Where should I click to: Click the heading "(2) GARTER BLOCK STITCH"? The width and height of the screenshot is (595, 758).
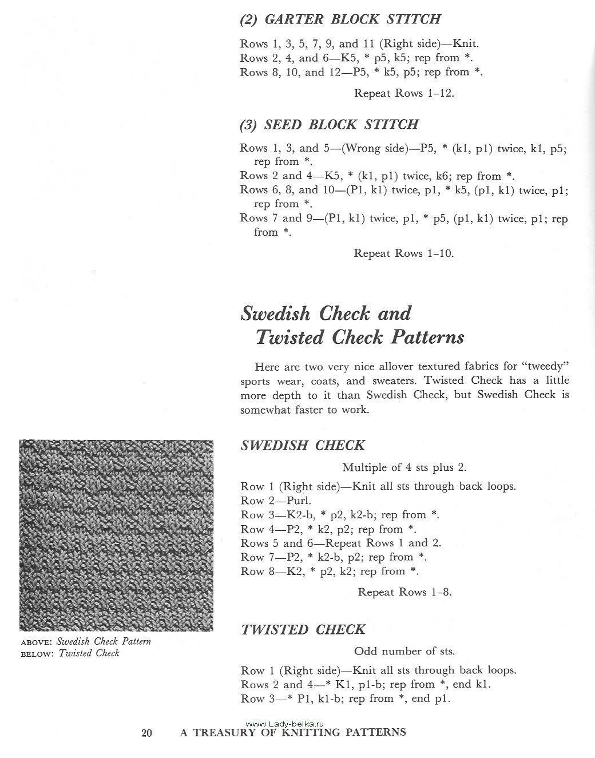click(340, 19)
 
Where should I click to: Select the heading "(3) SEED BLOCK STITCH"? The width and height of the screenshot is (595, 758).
click(330, 125)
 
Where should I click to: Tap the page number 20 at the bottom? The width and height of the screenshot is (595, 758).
click(147, 733)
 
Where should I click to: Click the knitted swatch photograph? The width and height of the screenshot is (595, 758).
click(116, 535)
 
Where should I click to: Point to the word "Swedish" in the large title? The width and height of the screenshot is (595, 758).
click(275, 313)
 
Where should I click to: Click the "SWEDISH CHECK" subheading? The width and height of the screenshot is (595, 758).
click(303, 446)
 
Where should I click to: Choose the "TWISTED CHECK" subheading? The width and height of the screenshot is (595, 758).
click(303, 630)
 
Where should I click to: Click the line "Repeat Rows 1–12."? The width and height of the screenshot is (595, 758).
click(404, 93)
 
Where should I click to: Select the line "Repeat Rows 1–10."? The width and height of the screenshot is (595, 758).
click(404, 253)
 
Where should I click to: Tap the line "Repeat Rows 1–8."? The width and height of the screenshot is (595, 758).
click(404, 592)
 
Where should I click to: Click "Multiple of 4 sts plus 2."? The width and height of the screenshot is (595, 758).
click(404, 467)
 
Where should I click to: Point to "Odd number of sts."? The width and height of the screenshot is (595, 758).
click(404, 651)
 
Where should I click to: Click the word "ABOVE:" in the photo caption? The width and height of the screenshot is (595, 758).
click(37, 642)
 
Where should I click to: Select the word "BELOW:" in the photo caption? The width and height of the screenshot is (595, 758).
click(37, 654)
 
